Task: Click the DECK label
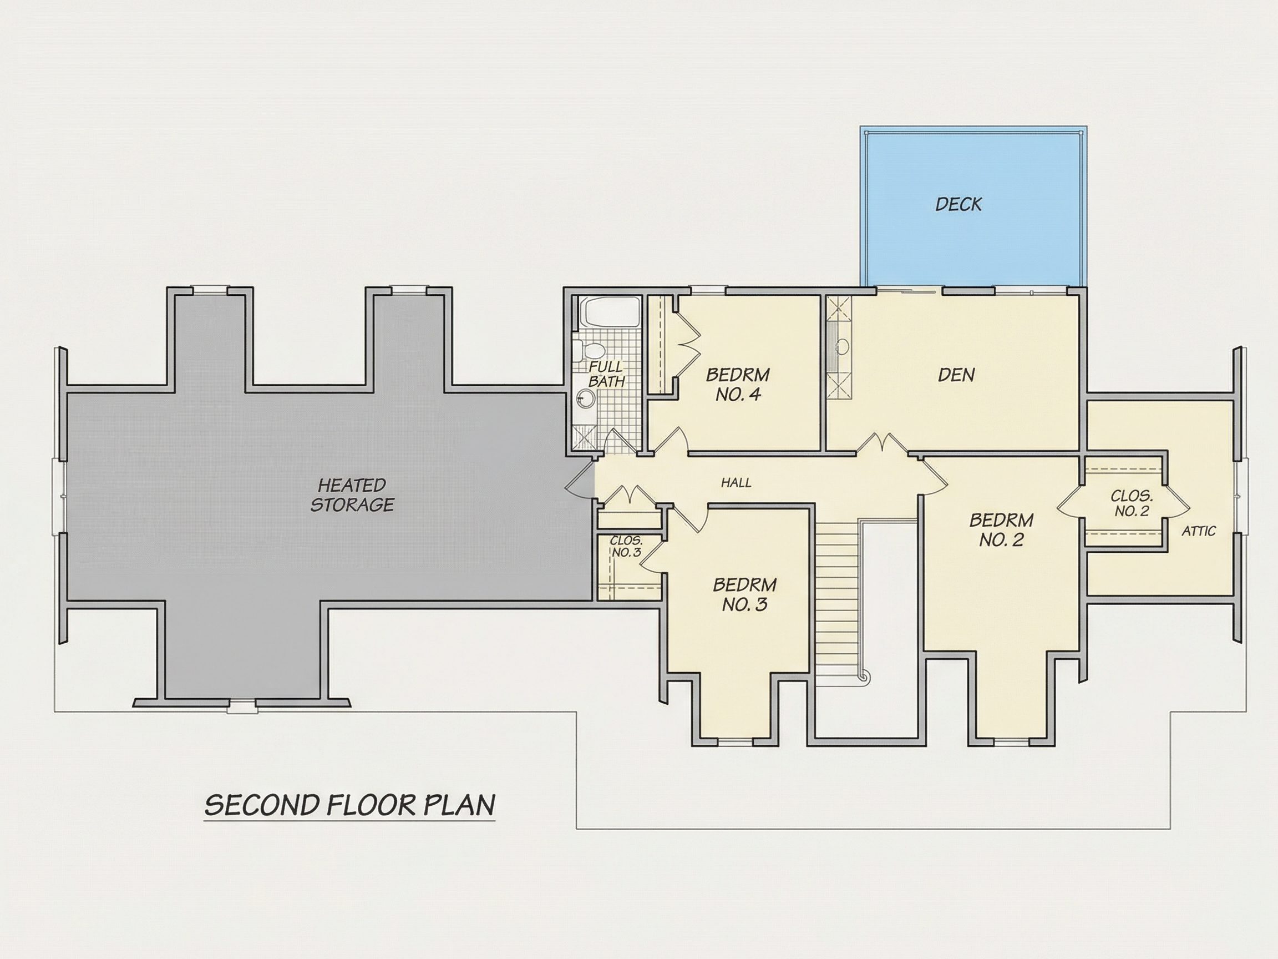coord(958,204)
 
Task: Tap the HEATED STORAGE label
coord(352,495)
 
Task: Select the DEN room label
coord(956,375)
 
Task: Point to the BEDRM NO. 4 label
coord(738,385)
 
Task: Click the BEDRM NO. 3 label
coord(745,594)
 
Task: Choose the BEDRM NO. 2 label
coord(1001,529)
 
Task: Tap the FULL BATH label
coord(606,374)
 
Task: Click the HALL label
coord(736,483)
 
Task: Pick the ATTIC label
coord(1199,531)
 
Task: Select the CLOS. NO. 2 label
coord(1132,503)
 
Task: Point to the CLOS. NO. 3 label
coord(626,546)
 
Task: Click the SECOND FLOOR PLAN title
coord(350,805)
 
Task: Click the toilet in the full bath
coord(588,350)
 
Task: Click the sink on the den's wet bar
coord(843,347)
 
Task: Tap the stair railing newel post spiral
coord(864,677)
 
